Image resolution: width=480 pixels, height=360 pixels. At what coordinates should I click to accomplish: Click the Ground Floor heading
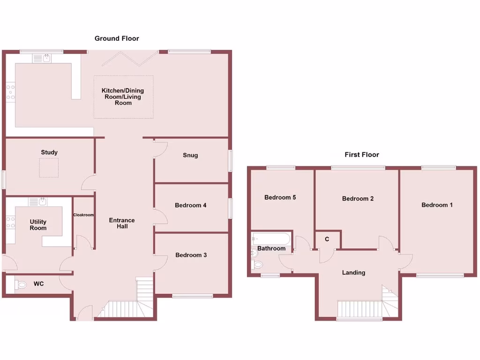tap(117, 38)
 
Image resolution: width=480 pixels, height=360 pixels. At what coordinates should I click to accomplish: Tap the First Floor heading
tap(361, 154)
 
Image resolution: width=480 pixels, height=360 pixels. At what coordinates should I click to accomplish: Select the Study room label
tap(49, 152)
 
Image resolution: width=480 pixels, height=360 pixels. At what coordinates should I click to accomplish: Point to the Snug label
tap(190, 155)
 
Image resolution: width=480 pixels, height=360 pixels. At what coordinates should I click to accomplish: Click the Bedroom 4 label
tap(191, 205)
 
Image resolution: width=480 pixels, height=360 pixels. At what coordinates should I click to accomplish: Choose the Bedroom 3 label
tap(191, 255)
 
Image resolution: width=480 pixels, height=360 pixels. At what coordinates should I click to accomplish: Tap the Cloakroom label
tap(83, 215)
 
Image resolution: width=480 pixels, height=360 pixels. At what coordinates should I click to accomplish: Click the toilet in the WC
tap(22, 284)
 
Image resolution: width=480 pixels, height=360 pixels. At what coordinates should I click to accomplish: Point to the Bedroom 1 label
tap(437, 205)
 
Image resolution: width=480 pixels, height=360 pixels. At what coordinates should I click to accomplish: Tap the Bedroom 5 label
tap(280, 197)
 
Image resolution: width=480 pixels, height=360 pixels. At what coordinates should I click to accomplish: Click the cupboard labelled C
tap(327, 240)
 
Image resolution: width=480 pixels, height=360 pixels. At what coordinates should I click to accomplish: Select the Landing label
tap(353, 272)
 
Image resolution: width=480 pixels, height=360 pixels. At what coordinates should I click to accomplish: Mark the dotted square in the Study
tap(49, 167)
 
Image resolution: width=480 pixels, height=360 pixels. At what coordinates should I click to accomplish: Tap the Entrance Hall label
tap(122, 223)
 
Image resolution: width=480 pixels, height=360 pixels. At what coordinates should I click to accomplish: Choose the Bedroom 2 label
tap(358, 199)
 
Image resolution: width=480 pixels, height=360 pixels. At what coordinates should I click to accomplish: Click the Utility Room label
tap(38, 225)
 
